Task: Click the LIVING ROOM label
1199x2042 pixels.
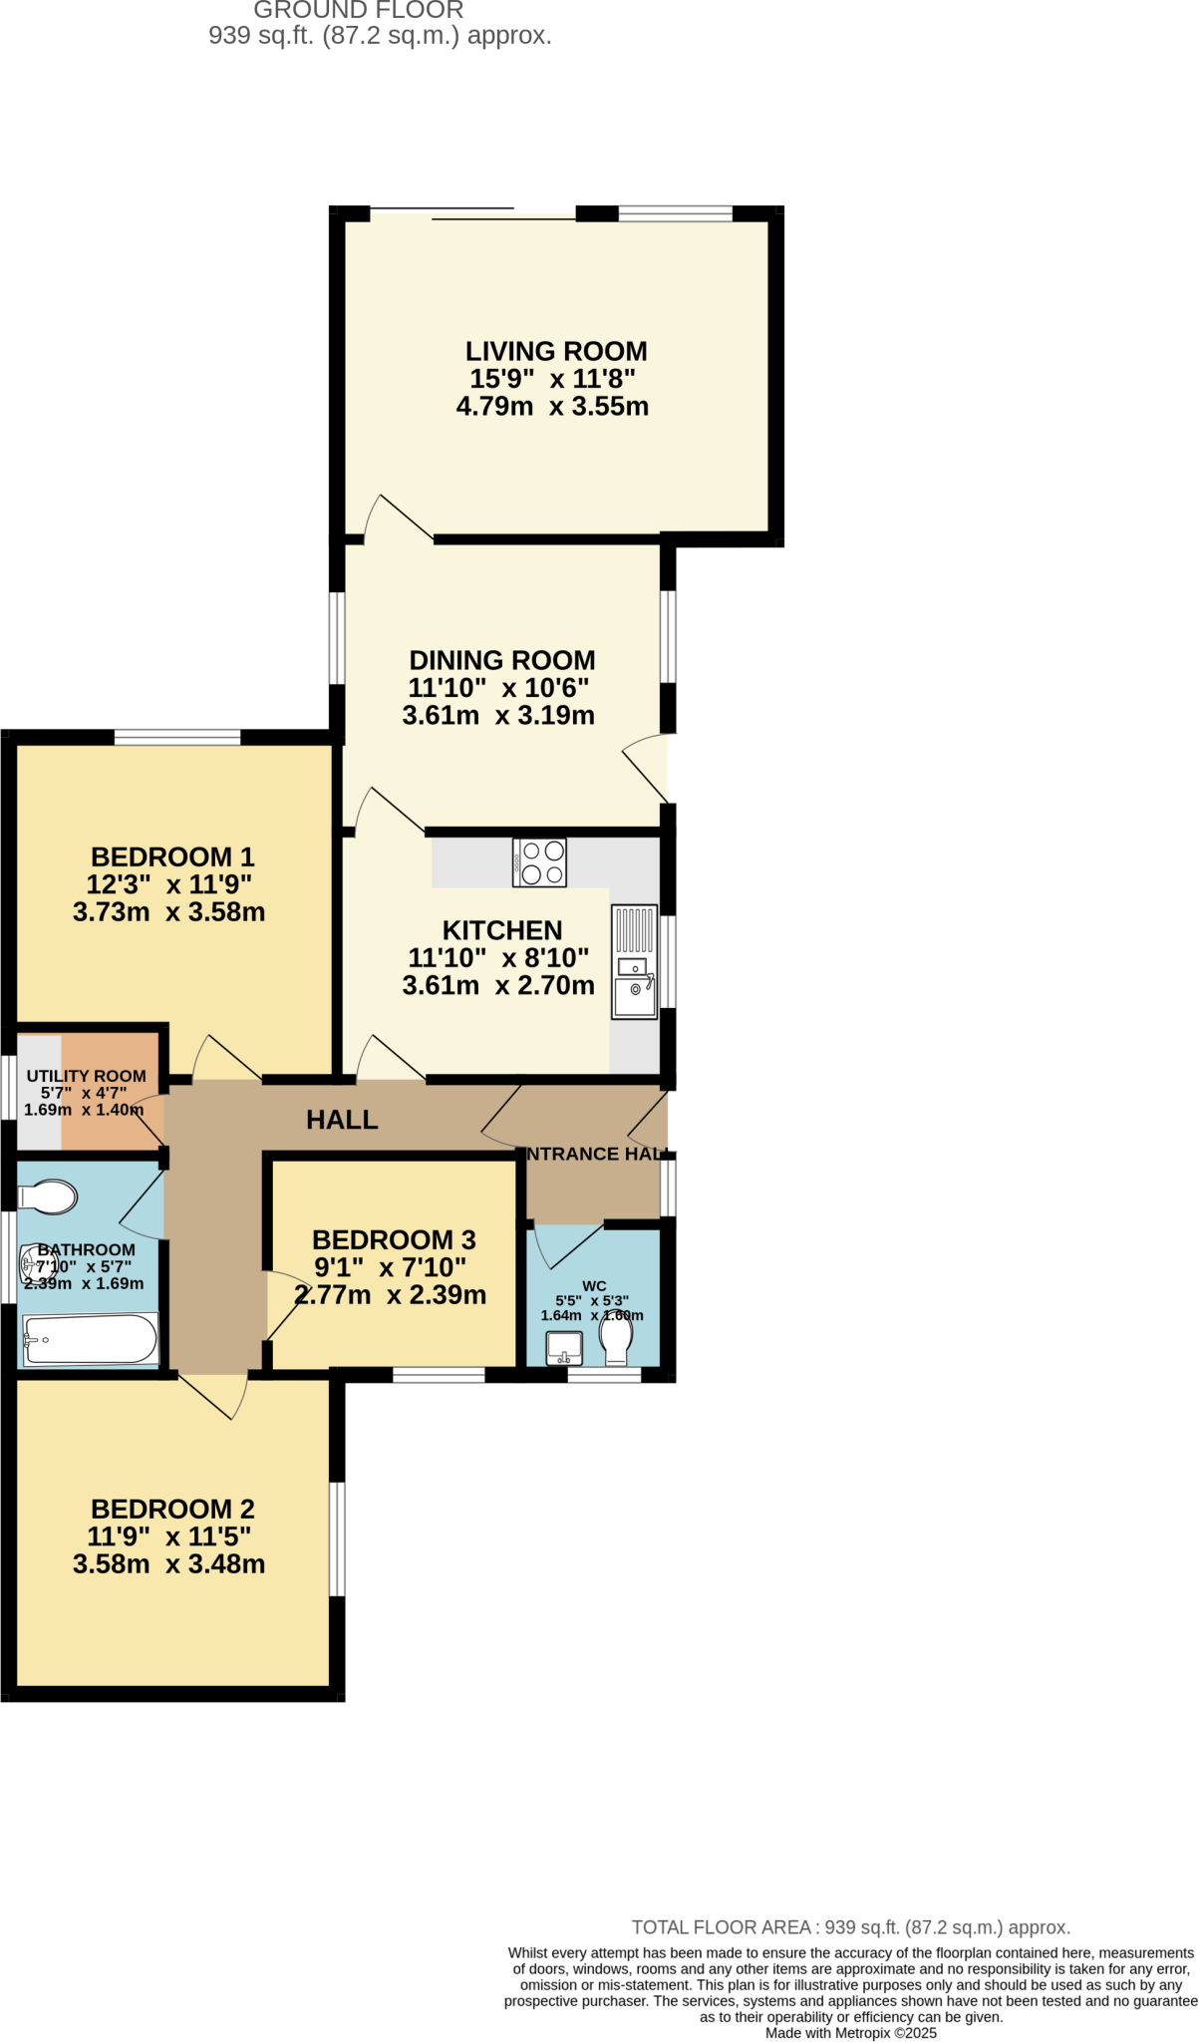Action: (556, 351)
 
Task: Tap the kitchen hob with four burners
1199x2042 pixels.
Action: (539, 862)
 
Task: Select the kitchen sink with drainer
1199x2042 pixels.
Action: (634, 962)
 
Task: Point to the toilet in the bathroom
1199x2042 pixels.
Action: (49, 1196)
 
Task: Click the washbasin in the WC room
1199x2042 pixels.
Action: (564, 1348)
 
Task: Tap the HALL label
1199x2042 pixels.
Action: (342, 1120)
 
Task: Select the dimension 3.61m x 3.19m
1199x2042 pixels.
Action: (498, 715)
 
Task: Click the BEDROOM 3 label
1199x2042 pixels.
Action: (394, 1239)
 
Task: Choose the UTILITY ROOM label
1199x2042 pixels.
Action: (86, 1076)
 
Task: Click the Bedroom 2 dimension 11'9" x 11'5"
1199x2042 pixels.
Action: (168, 1536)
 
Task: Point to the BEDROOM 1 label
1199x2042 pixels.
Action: (172, 856)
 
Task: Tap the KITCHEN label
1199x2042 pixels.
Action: (502, 930)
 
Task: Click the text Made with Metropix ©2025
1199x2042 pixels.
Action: (850, 2033)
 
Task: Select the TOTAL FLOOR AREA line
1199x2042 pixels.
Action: (850, 1927)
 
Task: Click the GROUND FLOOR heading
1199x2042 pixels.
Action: (359, 11)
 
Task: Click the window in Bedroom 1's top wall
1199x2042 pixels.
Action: (177, 738)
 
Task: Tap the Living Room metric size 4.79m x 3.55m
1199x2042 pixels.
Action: (552, 406)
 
